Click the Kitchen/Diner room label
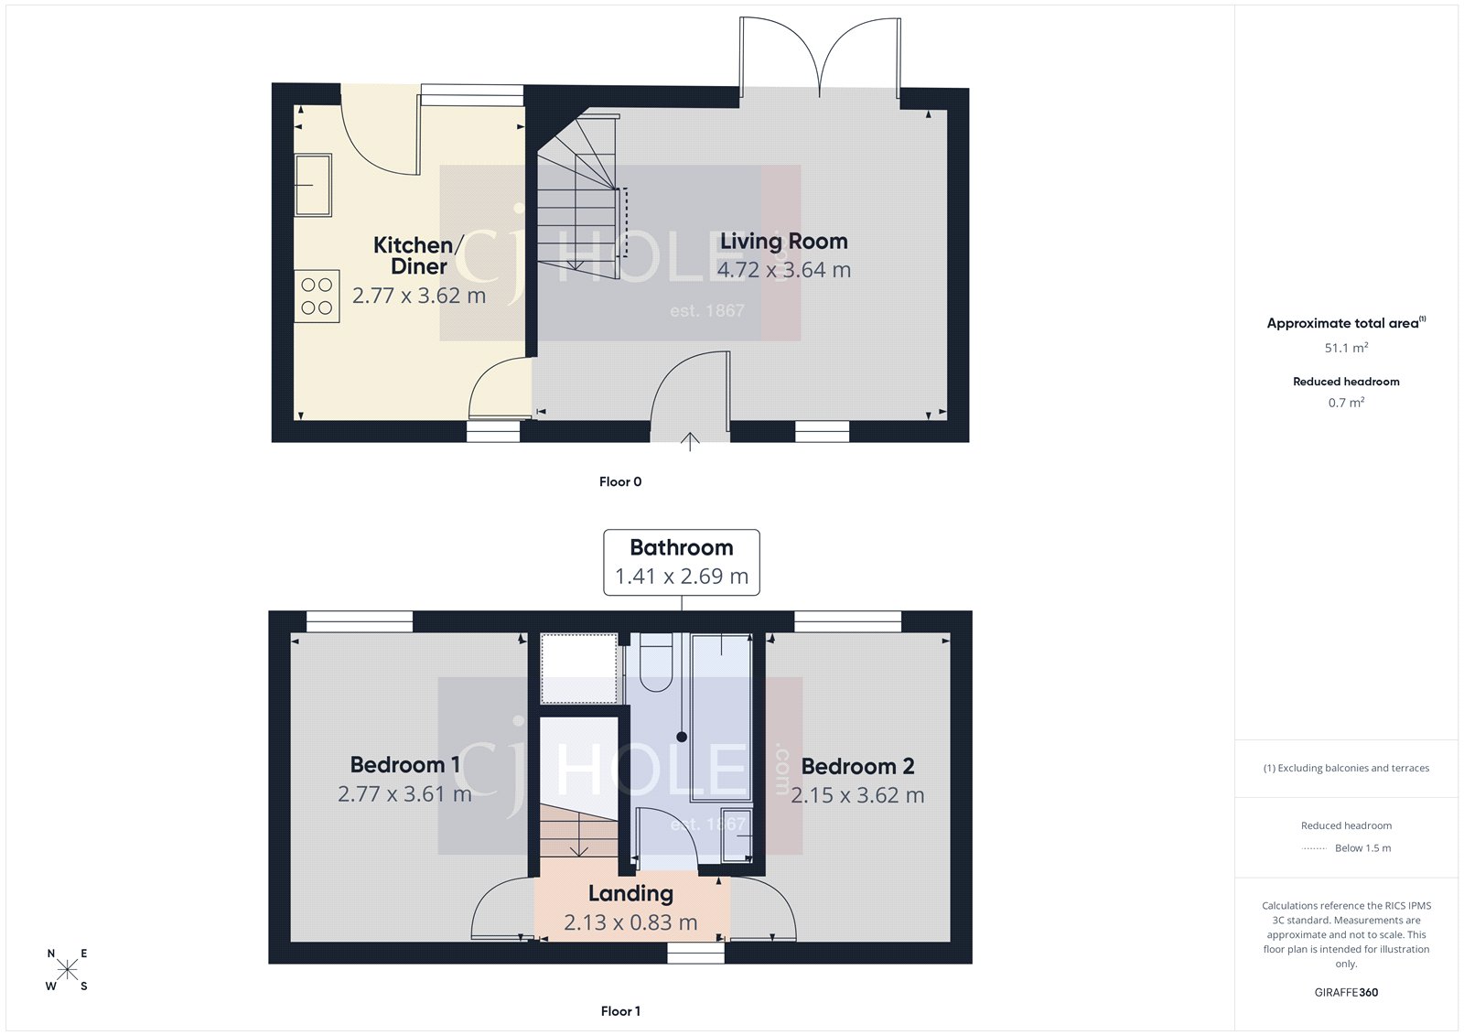tap(418, 255)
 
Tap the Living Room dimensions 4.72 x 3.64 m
tap(783, 270)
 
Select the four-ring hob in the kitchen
tap(317, 296)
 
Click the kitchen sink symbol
tap(313, 185)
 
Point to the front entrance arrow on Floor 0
tap(690, 442)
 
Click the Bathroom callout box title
tap(681, 547)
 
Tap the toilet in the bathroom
tap(655, 662)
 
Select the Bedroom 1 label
tap(404, 764)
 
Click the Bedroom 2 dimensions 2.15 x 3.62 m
tap(857, 795)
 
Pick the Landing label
tap(630, 893)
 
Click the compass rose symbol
tap(67, 970)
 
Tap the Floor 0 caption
tap(620, 481)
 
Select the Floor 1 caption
tap(620, 1011)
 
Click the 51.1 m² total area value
tap(1346, 348)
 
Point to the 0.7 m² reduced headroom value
tap(1346, 403)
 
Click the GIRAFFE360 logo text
tap(1346, 992)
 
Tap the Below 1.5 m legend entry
tap(1362, 848)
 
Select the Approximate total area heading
tap(1342, 323)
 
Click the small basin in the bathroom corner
tap(736, 834)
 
